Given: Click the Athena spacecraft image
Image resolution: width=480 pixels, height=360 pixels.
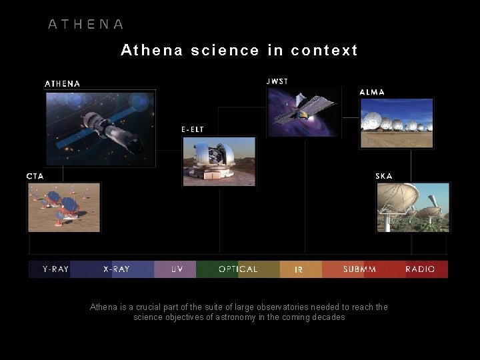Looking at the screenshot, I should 100,128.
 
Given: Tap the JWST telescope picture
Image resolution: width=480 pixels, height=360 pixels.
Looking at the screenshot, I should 303,112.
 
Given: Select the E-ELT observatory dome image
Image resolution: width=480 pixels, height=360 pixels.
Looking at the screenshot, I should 219,161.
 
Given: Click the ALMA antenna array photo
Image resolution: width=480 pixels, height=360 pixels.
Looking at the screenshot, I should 396,123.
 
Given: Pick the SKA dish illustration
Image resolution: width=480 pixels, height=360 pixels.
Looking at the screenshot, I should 412,207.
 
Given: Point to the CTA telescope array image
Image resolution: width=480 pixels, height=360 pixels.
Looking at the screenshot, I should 64,207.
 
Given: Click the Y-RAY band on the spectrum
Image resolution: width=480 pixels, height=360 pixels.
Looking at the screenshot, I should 55,269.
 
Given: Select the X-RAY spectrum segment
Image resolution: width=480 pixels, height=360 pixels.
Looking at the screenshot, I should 116,269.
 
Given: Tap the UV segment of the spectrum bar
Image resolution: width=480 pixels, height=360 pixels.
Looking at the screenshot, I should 177,269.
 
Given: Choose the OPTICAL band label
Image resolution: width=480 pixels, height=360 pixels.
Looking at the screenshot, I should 238,269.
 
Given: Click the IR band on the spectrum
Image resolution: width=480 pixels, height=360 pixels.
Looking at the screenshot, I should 299,269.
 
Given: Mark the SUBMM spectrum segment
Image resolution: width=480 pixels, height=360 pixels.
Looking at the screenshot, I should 359,269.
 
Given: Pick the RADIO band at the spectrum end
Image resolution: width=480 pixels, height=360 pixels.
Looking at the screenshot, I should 420,269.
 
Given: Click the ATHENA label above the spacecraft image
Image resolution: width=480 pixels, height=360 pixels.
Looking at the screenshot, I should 63,84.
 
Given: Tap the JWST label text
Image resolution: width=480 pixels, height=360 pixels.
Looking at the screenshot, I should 277,81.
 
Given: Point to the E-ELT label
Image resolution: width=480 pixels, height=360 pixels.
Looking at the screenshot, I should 193,129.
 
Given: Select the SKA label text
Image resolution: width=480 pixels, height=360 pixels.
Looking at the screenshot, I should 384,176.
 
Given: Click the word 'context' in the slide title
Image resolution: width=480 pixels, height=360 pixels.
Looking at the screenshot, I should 325,51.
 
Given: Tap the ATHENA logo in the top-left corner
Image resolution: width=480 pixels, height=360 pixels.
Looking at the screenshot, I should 86,25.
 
